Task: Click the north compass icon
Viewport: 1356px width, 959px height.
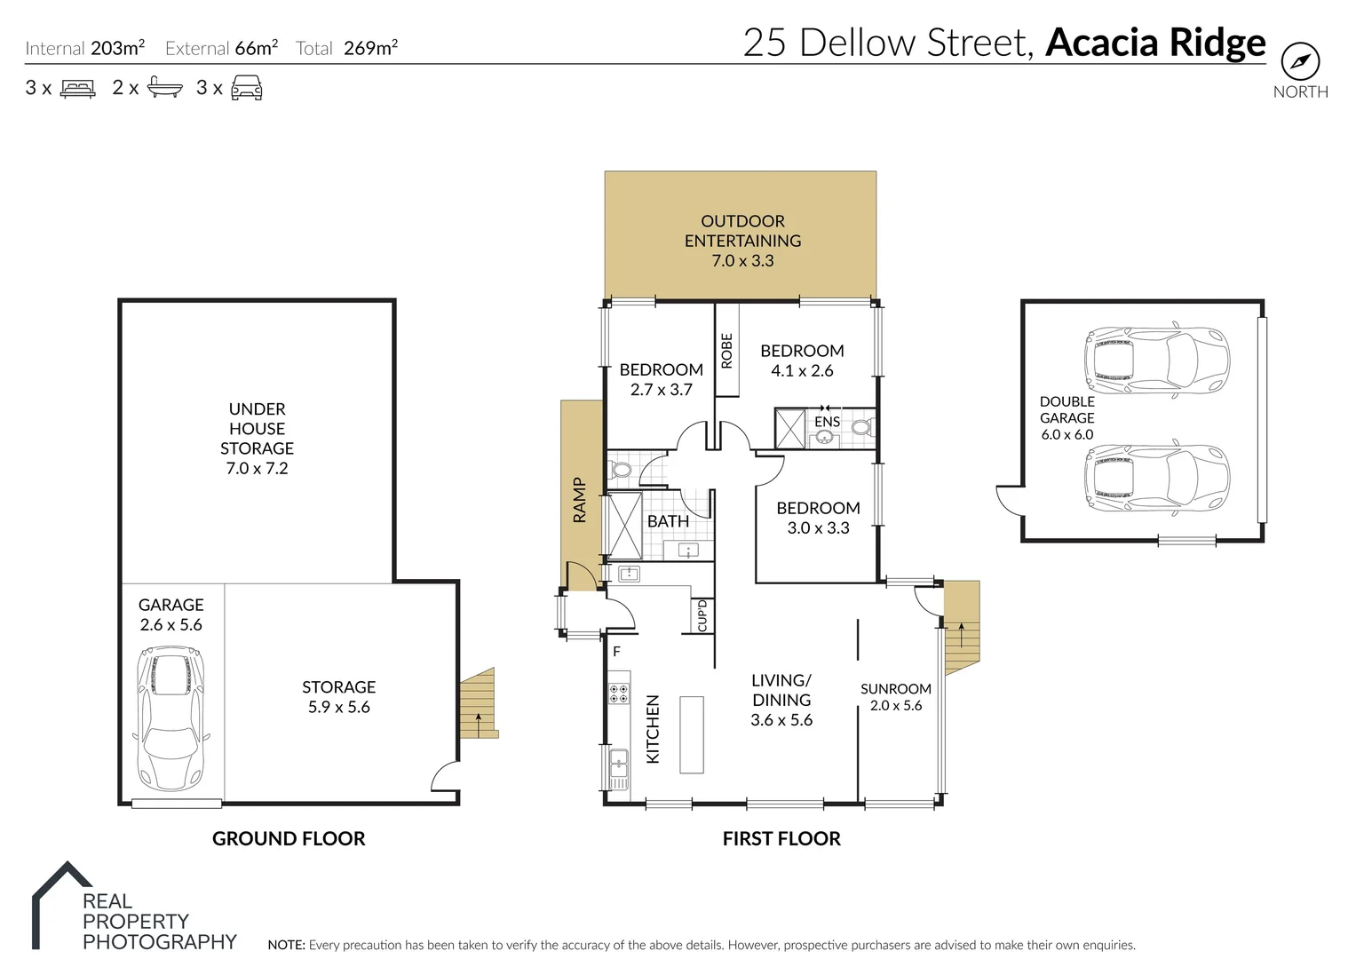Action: (1300, 62)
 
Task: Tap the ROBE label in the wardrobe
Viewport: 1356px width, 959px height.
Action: (726, 350)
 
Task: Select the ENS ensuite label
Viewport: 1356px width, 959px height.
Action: (827, 422)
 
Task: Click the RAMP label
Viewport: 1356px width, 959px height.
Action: (579, 500)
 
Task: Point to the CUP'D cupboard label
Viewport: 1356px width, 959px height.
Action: (702, 615)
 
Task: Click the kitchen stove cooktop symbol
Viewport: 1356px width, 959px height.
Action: (618, 693)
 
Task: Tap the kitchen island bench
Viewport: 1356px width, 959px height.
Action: (691, 735)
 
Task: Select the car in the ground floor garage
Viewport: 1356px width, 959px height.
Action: (170, 718)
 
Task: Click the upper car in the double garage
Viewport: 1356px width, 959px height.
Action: (1156, 361)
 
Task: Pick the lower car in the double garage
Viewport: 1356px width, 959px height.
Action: (1156, 479)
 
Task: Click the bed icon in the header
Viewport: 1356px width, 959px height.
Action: (77, 88)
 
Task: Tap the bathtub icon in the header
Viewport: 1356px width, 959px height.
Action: (165, 88)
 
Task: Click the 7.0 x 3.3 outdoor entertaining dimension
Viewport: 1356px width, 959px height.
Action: (742, 261)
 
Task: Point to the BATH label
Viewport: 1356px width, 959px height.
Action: (668, 521)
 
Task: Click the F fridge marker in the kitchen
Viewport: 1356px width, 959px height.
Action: (616, 652)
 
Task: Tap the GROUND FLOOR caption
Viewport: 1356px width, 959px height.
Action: (289, 838)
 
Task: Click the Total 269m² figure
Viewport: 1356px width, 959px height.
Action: (346, 48)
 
